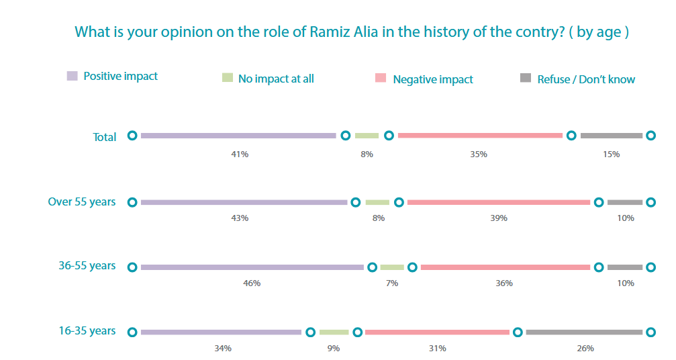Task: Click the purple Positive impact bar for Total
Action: click(x=238, y=136)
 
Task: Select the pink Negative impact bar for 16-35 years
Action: click(x=437, y=332)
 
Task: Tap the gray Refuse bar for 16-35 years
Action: click(x=584, y=332)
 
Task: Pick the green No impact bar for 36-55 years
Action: click(x=392, y=267)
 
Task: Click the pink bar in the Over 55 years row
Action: click(x=499, y=202)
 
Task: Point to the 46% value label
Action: click(x=252, y=283)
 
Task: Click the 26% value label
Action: click(x=585, y=349)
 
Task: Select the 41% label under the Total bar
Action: click(x=240, y=154)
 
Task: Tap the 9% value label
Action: click(x=333, y=349)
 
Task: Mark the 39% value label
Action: click(x=499, y=218)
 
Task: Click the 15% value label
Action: click(x=612, y=154)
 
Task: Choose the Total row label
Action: click(x=104, y=137)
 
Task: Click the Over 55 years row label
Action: click(x=82, y=201)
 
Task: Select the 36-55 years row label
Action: click(x=87, y=265)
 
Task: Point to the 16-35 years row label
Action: click(x=87, y=330)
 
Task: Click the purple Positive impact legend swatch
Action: click(x=72, y=76)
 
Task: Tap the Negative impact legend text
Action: click(x=433, y=79)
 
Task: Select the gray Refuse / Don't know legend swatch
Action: click(x=526, y=78)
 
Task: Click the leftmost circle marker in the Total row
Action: click(x=132, y=136)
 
